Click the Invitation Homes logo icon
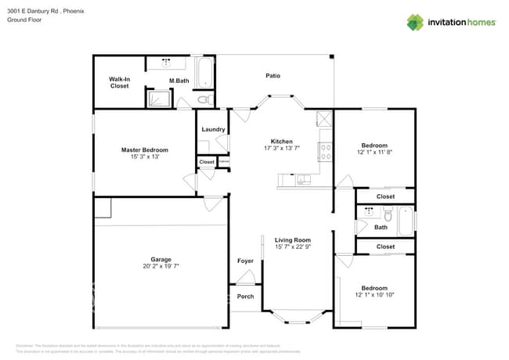tap(415, 22)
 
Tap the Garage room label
tap(161, 259)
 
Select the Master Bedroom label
tap(144, 149)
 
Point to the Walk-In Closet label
tap(119, 82)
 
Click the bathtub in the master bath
tap(204, 73)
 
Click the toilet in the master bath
tap(203, 100)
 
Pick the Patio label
tap(273, 76)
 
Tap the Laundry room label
tap(213, 129)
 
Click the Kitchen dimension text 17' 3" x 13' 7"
tap(281, 148)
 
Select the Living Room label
tap(293, 240)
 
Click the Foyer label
tap(245, 261)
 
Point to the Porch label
tap(245, 297)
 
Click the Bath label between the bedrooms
tap(381, 228)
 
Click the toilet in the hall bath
tap(387, 214)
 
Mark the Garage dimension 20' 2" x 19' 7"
tap(161, 266)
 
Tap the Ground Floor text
tap(24, 20)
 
